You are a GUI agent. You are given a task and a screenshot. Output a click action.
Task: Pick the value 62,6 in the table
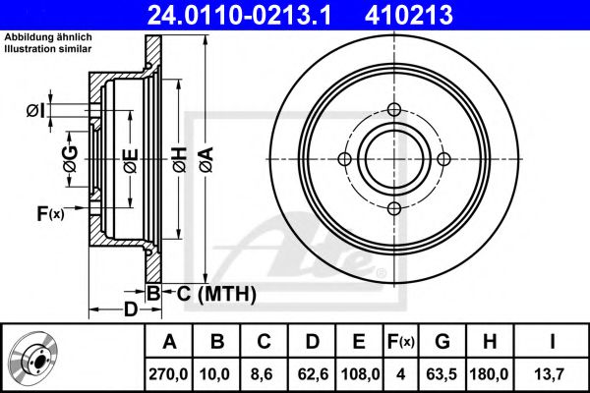click(313, 373)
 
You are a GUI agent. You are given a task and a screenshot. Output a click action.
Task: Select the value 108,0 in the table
click(359, 373)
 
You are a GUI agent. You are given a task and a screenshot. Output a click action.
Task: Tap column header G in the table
click(442, 342)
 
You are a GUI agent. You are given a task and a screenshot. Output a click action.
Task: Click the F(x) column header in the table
click(400, 342)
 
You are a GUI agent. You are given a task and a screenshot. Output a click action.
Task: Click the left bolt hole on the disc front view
click(344, 159)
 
